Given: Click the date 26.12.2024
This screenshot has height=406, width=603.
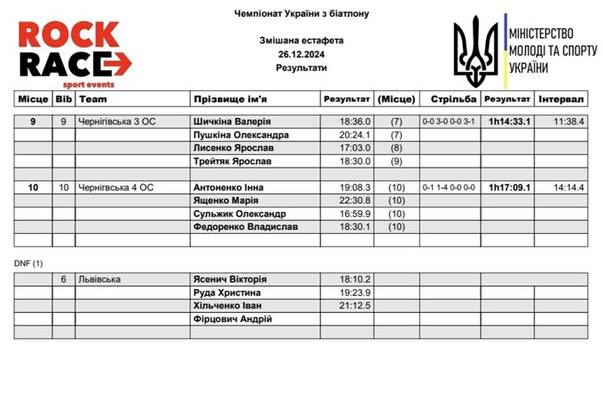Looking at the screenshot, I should [301, 54].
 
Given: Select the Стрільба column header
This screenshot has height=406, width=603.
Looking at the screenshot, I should [449, 99].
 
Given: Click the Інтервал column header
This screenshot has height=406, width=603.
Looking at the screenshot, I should [561, 99].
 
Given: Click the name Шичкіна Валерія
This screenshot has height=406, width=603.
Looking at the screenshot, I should [231, 121].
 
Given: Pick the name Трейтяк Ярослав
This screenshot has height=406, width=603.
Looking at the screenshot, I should [232, 161].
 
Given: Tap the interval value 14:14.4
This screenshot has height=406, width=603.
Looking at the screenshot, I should [568, 187].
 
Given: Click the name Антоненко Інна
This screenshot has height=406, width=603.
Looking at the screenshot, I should [230, 187].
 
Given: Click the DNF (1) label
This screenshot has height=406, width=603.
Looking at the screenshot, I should [29, 263].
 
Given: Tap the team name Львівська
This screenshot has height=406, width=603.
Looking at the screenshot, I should [99, 279].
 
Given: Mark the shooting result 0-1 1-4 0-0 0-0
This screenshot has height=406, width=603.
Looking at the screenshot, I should [449, 187].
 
